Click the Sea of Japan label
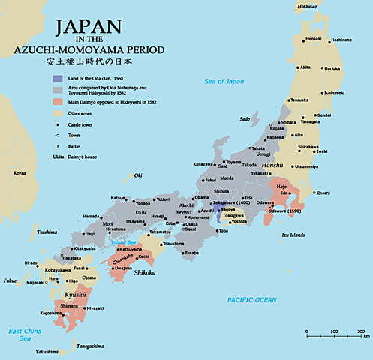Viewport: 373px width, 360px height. pos(224,81)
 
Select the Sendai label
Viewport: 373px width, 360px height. pos(323,115)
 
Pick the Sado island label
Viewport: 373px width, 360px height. pos(244,118)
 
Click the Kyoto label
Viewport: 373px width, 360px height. pos(183,211)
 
